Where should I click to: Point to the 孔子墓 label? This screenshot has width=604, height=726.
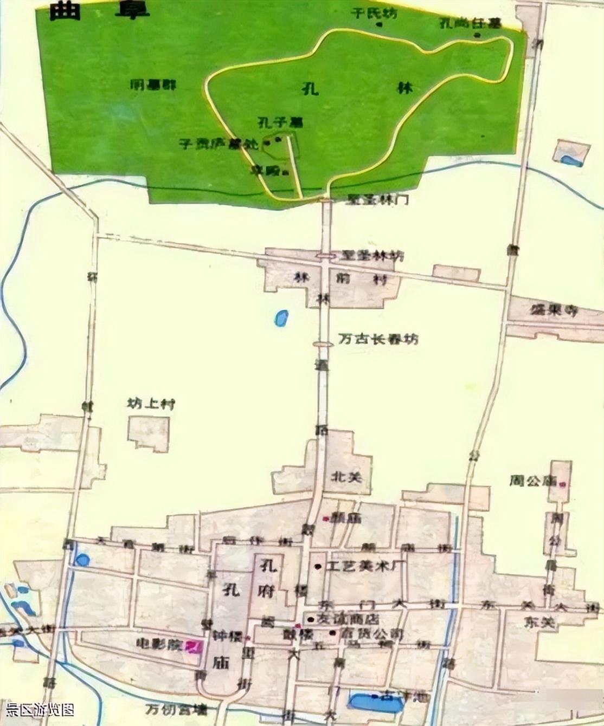click(280, 122)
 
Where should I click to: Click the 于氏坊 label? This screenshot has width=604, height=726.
click(374, 13)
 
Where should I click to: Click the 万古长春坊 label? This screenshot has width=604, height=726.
click(378, 340)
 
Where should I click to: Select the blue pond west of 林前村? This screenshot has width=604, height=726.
click(281, 318)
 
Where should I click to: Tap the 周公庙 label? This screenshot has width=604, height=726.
click(533, 481)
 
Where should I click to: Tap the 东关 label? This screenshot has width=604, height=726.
click(541, 623)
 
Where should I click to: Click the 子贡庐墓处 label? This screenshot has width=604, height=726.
click(220, 145)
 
